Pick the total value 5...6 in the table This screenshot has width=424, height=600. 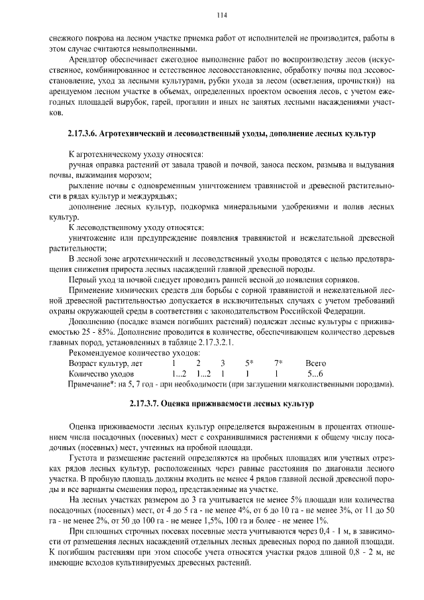coord(315,374)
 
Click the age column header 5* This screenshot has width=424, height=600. coord(249,363)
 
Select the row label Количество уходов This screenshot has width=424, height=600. coord(101,374)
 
